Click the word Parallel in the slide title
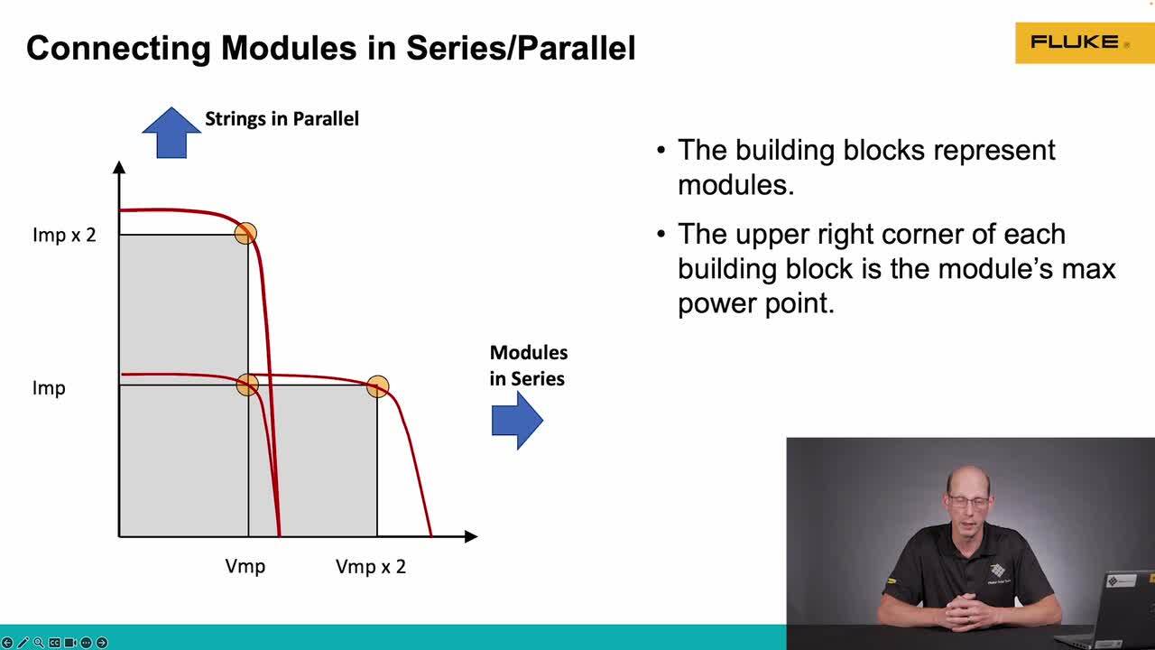(576, 49)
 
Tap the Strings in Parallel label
(282, 118)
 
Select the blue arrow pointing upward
(171, 132)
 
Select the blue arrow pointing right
(517, 421)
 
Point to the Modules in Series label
(529, 366)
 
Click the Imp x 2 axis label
(64, 236)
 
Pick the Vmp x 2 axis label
(371, 567)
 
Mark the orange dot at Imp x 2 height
(245, 233)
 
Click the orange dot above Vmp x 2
(377, 386)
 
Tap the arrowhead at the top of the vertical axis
(119, 167)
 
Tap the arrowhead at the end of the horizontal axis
(471, 536)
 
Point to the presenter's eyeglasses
(968, 501)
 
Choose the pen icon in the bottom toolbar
(23, 642)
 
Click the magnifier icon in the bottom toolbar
(39, 642)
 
